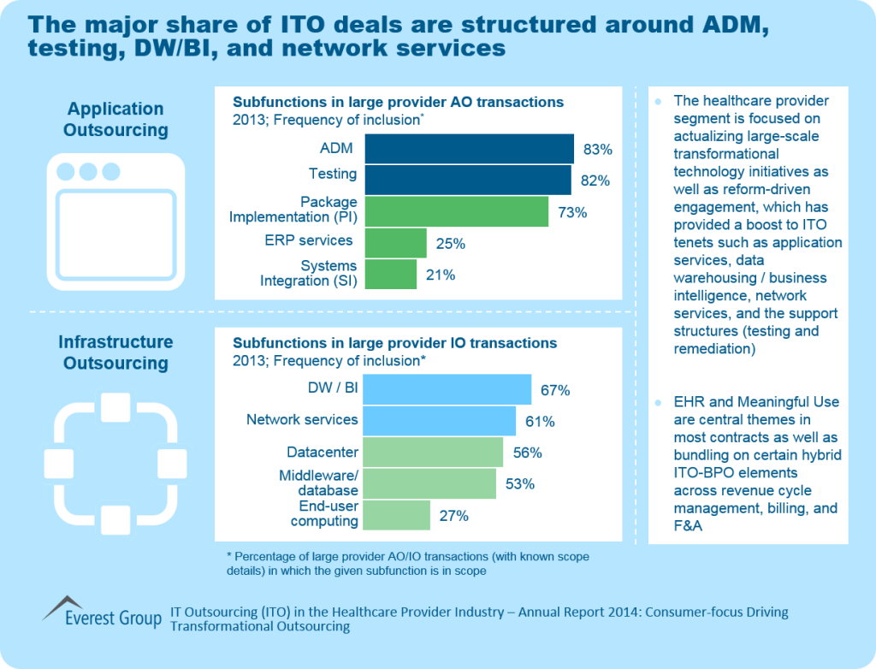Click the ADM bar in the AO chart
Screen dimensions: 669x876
click(469, 149)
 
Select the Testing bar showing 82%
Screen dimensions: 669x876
click(468, 181)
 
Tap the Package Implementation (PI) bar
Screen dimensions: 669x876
click(456, 211)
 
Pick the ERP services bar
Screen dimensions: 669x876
click(395, 243)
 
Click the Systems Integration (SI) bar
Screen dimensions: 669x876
click(390, 275)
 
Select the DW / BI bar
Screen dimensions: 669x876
click(447, 389)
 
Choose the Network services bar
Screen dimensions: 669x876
click(440, 421)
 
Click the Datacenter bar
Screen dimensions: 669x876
click(434, 453)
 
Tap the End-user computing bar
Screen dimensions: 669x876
click(397, 515)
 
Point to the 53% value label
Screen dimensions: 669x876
click(520, 484)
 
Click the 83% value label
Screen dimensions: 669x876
click(598, 150)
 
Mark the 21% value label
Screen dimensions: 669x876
click(441, 275)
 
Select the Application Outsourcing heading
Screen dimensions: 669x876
click(116, 120)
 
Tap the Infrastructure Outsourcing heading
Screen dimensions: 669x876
click(115, 352)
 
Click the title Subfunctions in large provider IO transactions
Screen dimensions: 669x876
click(394, 343)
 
